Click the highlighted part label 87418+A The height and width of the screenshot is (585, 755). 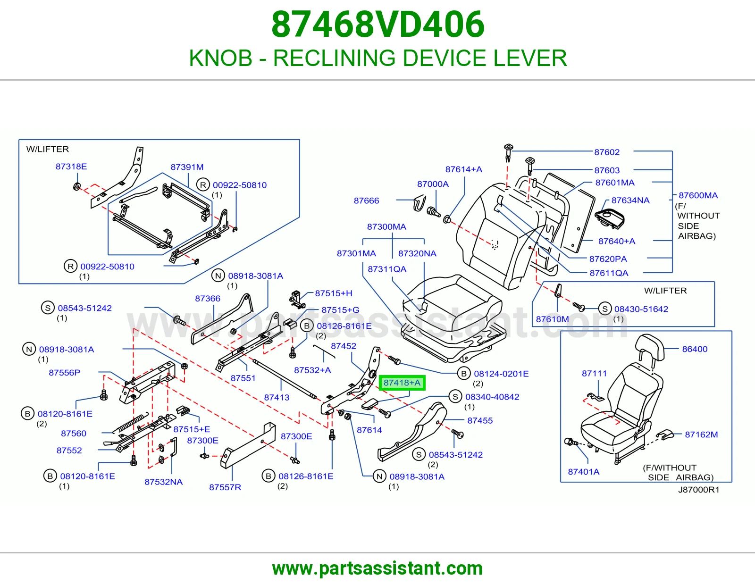402,383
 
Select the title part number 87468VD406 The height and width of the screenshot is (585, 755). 377,25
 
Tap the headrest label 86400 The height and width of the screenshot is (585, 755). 695,349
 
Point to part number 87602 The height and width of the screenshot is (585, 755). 607,152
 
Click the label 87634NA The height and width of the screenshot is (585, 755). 630,201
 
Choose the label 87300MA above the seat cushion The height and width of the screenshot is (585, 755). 386,227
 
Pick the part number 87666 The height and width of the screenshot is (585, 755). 366,201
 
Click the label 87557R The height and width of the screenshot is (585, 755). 225,487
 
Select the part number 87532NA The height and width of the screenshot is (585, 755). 163,482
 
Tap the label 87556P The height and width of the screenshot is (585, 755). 64,373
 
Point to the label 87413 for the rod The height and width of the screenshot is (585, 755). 277,397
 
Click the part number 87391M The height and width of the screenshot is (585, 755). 187,167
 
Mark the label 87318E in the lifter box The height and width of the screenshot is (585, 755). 71,167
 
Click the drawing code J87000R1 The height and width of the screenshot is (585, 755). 699,490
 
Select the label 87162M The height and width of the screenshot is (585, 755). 701,435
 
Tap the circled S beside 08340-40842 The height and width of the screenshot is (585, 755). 455,397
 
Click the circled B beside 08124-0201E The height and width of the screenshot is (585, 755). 463,374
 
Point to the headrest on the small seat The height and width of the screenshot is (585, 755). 649,346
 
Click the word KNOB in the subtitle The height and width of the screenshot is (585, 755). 221,58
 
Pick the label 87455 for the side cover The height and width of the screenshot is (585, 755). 480,421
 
